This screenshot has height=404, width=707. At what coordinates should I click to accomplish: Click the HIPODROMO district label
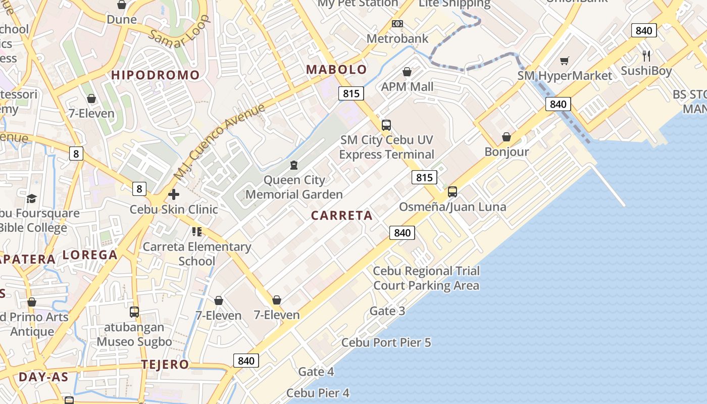[156, 75]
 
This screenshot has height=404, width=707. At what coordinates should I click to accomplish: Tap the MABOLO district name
[337, 70]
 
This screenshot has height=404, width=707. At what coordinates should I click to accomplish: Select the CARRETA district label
[342, 216]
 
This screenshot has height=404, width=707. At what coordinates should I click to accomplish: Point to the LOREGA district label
[90, 255]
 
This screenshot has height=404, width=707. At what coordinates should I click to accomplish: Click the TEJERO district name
[165, 364]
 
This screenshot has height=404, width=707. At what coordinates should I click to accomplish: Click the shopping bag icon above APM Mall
[407, 72]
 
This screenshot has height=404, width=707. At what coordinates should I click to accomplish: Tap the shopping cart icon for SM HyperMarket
[565, 61]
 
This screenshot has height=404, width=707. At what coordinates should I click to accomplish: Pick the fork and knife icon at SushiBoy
[646, 56]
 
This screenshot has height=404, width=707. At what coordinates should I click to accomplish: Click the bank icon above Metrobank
[397, 24]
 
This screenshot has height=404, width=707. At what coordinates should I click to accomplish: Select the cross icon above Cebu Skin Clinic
[174, 194]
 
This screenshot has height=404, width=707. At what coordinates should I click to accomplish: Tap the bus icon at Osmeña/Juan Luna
[452, 192]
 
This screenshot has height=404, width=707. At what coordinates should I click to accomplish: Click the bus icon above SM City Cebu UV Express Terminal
[386, 125]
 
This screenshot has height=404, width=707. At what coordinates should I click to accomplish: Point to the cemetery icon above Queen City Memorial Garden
[294, 165]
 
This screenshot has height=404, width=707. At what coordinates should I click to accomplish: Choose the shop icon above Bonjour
[507, 137]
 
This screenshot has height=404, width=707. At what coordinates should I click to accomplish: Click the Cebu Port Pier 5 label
[386, 342]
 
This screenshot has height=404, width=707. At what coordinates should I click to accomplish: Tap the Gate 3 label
[387, 311]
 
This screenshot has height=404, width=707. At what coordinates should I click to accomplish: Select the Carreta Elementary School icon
[197, 232]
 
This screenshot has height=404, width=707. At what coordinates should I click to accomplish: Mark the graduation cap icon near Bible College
[32, 198]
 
